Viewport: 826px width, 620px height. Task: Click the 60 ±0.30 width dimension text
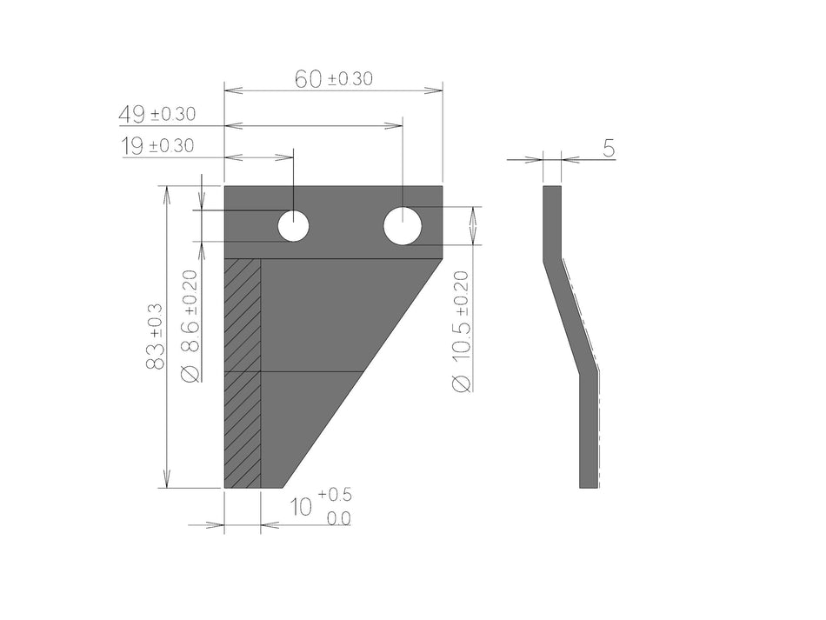[x=334, y=79]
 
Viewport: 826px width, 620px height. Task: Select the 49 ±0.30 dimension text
[x=157, y=114]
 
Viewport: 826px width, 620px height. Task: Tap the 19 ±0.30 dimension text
[x=157, y=146]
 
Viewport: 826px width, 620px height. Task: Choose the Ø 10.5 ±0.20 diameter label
[x=461, y=330]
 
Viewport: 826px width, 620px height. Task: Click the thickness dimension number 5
[x=609, y=149]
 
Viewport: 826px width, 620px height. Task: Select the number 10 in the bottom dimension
[x=301, y=506]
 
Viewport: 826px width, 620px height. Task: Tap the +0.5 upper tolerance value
[x=335, y=495]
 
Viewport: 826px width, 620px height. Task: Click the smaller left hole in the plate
[x=294, y=226]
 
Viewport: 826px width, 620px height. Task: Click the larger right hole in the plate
[x=403, y=226]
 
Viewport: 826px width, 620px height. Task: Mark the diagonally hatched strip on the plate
[x=243, y=374]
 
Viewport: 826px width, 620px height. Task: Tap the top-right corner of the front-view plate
[x=443, y=186]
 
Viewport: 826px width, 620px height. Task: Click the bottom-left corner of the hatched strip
[x=225, y=487]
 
